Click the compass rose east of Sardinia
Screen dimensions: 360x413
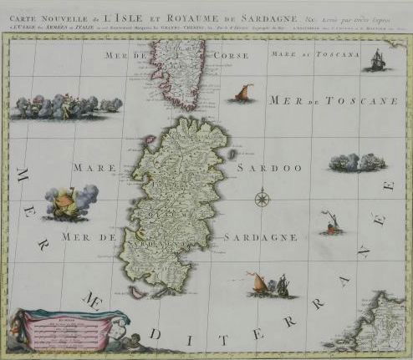(x=263, y=199)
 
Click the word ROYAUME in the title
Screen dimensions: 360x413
(x=186, y=10)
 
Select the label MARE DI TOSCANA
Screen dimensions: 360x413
(x=314, y=54)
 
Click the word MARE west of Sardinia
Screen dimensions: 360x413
(x=94, y=168)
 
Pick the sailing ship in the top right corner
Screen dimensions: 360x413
(x=376, y=59)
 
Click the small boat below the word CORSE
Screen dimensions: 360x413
(x=242, y=93)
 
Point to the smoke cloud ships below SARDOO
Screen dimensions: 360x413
(x=357, y=162)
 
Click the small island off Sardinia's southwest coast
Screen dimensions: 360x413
(x=136, y=292)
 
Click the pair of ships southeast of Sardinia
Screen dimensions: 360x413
(x=273, y=286)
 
